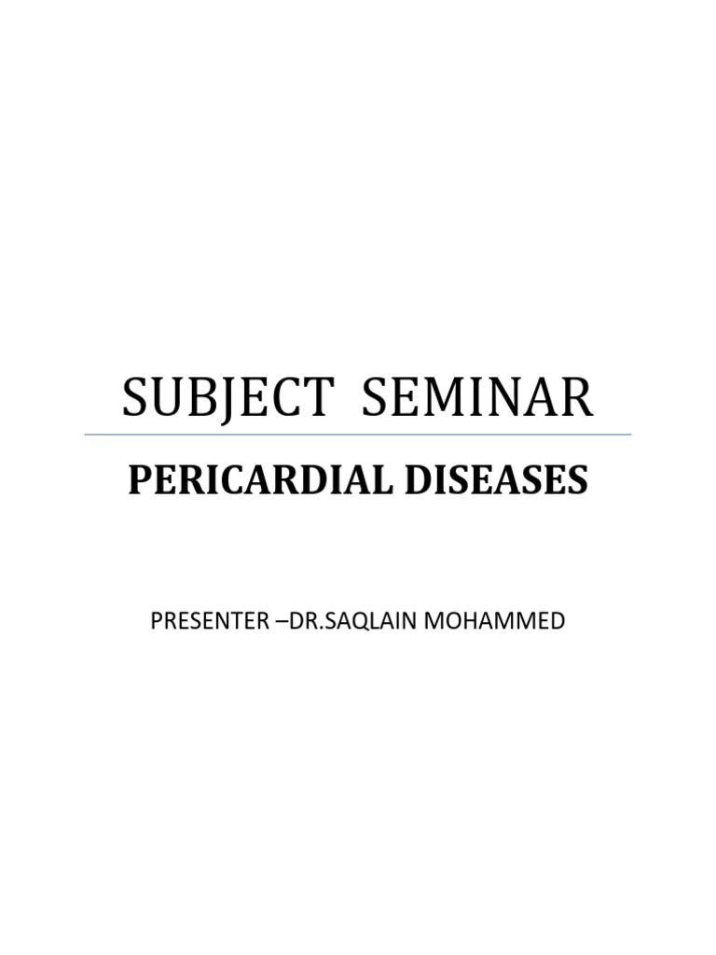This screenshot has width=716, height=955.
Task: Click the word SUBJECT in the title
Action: [x=227, y=398]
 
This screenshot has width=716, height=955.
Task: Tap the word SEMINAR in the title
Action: [x=476, y=398]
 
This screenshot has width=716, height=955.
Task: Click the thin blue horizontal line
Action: [x=358, y=435]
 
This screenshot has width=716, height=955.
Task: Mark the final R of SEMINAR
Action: [x=576, y=398]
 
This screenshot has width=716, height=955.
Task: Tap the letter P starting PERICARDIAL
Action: [x=138, y=480]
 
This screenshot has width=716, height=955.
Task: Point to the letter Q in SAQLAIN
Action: [x=358, y=622]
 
